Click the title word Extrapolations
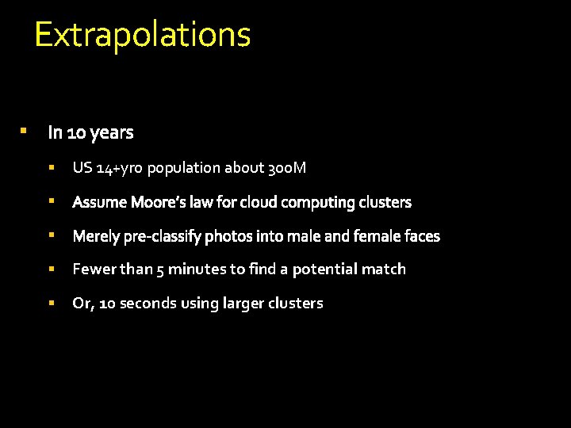coord(143,35)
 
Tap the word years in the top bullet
coord(112,132)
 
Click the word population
coord(183,168)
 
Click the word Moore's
coord(158,202)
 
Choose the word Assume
coord(100,202)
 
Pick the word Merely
coord(95,236)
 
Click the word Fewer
coord(94,269)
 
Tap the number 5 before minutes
coord(161,269)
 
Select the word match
coord(384,269)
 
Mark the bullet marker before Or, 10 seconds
coord(51,302)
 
